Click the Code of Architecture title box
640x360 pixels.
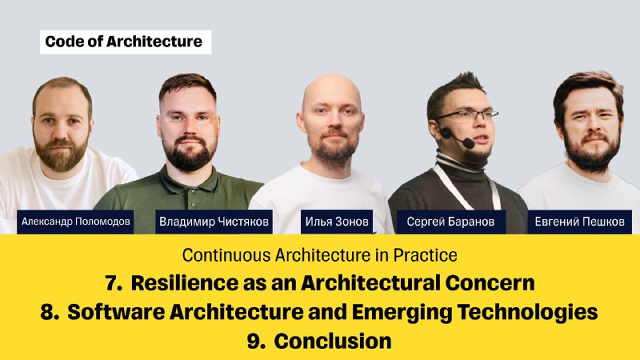[126, 42]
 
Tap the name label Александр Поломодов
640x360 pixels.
[75, 222]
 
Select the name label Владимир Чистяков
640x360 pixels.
[214, 222]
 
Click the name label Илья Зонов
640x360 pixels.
[337, 222]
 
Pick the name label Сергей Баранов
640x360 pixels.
[451, 222]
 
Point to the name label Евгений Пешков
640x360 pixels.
[579, 222]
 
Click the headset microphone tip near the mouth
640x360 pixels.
[469, 143]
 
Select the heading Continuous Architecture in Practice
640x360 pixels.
[319, 255]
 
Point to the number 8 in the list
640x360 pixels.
[50, 312]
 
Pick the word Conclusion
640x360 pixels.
[333, 342]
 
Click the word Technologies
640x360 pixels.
[527, 313]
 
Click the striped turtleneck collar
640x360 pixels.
[459, 162]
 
